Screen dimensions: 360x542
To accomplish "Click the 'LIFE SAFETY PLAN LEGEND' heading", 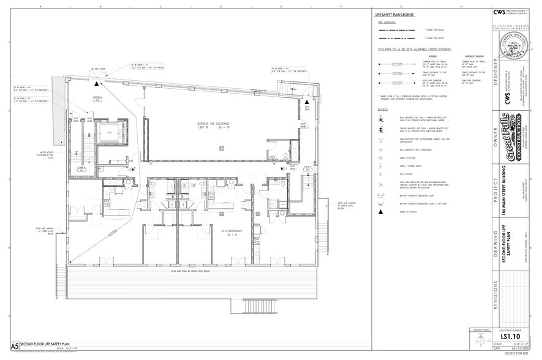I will [394, 14].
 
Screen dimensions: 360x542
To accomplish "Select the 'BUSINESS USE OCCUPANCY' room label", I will [209, 123].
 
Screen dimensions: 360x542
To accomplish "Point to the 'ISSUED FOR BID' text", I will [513, 355].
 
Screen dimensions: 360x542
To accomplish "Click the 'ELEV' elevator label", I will [110, 132].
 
